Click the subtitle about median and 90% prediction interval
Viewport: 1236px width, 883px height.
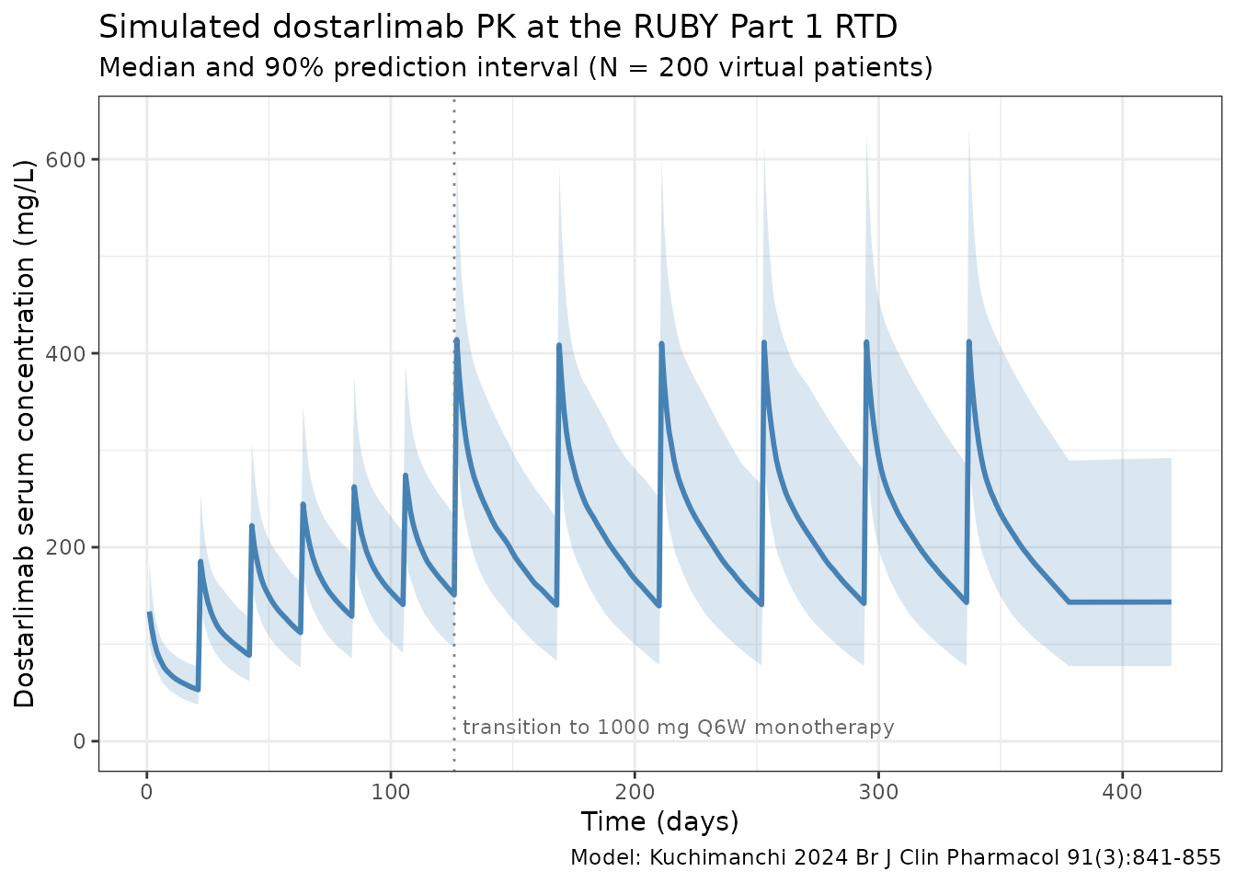coord(515,68)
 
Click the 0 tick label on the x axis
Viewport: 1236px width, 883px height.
coord(147,791)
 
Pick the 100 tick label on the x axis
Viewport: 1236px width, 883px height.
coord(391,791)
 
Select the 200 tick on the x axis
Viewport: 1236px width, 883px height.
coord(635,791)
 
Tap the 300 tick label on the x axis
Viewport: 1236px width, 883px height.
coord(878,791)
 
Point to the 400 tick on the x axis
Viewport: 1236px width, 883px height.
coord(1122,791)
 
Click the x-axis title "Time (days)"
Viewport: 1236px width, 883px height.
coord(659,820)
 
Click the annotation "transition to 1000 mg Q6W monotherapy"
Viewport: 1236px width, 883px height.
coord(678,728)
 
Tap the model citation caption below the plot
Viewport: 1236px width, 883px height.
coord(895,858)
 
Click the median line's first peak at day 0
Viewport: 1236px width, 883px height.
coord(149,613)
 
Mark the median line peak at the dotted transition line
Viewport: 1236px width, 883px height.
coord(456,340)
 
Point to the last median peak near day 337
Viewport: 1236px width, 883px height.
coord(968,342)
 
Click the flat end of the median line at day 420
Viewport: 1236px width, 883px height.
coord(1169,602)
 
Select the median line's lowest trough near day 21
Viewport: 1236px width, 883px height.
coord(198,689)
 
